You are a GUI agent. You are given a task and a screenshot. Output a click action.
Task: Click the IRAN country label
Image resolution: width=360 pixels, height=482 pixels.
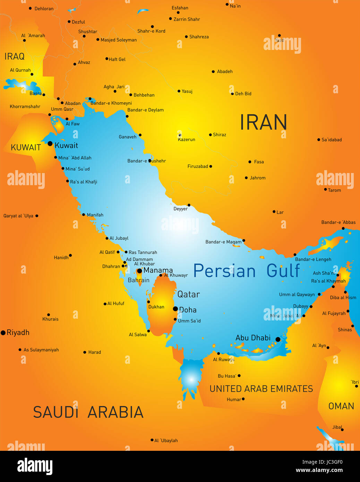(263, 122)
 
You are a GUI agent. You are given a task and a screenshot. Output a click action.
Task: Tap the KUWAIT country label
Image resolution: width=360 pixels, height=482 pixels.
(26, 147)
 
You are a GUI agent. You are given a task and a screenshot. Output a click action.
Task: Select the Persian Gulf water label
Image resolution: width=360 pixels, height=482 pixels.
(246, 271)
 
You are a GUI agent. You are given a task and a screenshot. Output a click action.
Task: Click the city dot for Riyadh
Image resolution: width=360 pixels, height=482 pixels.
(3, 333)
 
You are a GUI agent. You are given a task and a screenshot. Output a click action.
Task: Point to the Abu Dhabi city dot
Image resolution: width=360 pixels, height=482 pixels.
(278, 339)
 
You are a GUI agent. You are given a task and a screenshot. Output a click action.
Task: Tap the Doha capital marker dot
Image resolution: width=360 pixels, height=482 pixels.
(175, 309)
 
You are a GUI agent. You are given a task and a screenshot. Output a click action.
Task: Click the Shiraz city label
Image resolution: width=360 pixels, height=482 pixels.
(220, 135)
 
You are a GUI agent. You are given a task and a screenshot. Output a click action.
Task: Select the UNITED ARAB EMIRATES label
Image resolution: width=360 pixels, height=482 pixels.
(261, 389)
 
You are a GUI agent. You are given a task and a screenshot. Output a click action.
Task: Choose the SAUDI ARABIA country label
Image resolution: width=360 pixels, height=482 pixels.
(88, 412)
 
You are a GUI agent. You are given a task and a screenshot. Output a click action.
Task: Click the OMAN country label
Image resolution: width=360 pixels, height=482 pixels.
(341, 406)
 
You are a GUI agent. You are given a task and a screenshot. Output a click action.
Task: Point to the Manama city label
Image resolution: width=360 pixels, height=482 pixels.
(158, 270)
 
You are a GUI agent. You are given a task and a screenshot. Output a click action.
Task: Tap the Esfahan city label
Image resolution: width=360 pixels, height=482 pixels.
(180, 8)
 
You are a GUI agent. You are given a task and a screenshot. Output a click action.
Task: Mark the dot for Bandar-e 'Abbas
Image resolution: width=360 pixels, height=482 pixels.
(343, 228)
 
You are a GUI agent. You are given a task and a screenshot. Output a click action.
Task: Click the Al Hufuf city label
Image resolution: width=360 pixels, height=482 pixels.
(116, 303)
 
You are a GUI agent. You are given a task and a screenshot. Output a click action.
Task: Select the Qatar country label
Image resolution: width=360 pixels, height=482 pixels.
(188, 294)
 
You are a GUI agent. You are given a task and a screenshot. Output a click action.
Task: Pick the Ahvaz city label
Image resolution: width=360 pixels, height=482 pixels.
(84, 62)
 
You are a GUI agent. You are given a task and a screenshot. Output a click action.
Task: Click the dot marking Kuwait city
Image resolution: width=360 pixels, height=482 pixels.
(50, 144)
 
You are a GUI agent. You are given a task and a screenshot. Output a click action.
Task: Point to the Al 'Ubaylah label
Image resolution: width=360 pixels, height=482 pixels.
(166, 440)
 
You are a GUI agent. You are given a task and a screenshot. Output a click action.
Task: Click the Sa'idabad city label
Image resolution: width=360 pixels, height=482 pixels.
(332, 140)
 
